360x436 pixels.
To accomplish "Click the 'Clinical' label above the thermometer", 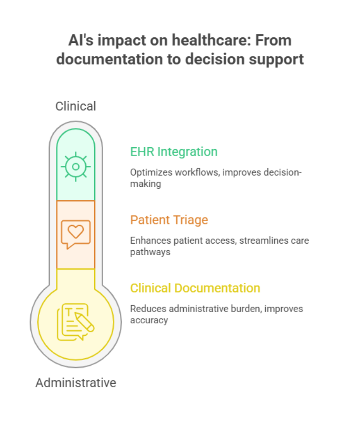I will pyautogui.click(x=76, y=106).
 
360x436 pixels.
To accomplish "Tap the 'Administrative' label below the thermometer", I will pyautogui.click(x=76, y=383).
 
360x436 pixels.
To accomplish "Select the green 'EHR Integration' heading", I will pyautogui.click(x=173, y=152).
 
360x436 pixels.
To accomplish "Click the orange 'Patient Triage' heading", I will pyautogui.click(x=169, y=220).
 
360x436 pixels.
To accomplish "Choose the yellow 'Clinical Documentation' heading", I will pyautogui.click(x=195, y=288).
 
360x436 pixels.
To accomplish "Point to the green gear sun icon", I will pyautogui.click(x=76, y=166).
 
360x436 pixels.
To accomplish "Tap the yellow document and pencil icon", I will pyautogui.click(x=75, y=321).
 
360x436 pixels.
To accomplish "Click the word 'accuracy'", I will pyautogui.click(x=149, y=320).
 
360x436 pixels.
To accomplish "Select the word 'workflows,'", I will pyautogui.click(x=190, y=172).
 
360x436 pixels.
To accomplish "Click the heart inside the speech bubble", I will pyautogui.click(x=76, y=231).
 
